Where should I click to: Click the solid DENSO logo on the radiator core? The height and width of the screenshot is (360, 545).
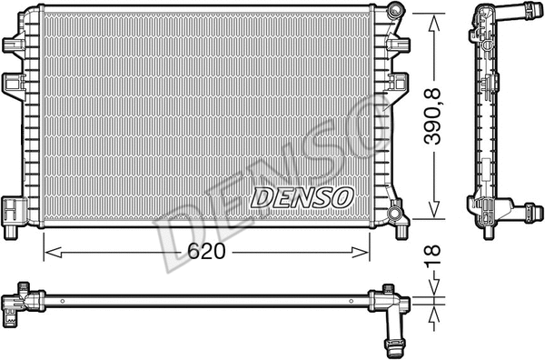tap(302, 195)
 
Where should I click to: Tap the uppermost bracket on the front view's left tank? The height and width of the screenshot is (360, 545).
tap(14, 43)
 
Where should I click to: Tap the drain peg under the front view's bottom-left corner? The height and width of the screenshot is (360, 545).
tap(10, 230)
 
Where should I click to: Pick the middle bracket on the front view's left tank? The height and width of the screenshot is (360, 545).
tap(15, 85)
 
